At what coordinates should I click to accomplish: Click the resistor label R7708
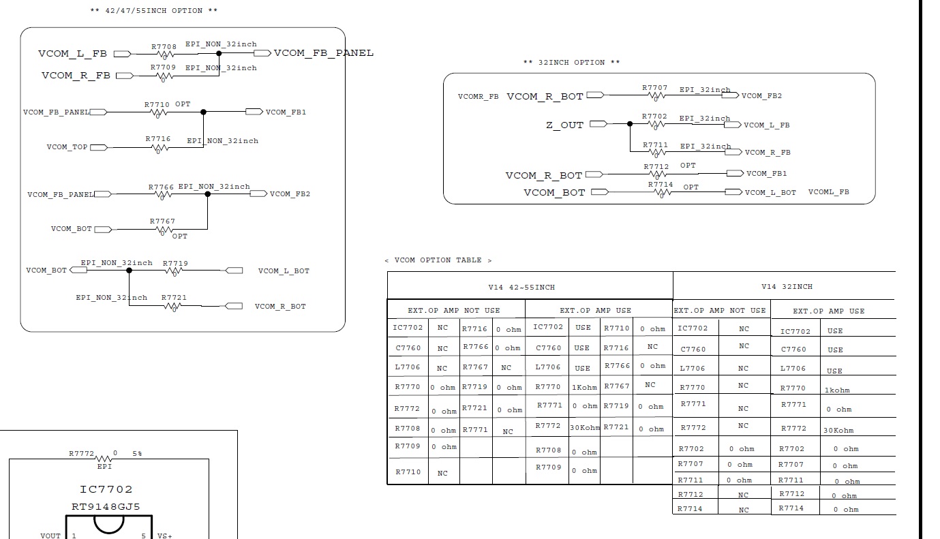164,48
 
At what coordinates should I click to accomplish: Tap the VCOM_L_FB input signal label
72,54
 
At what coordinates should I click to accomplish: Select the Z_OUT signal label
564,125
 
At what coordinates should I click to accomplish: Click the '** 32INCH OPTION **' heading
571,63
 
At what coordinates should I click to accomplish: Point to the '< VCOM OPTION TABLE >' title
438,260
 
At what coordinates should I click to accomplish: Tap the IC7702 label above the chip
106,489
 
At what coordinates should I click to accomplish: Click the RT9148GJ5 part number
106,507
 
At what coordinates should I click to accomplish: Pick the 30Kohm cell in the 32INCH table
838,431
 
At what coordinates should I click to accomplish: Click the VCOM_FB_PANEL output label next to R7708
323,53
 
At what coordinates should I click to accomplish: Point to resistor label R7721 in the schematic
174,298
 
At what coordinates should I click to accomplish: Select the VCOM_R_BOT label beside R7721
280,307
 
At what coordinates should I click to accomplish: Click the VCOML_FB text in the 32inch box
828,192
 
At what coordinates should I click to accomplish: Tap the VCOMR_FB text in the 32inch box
479,97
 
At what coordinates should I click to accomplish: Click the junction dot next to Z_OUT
630,124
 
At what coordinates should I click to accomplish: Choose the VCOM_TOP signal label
67,147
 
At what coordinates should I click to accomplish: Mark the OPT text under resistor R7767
179,236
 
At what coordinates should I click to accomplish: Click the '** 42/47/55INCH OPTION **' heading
154,11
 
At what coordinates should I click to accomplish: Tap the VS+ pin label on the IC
164,536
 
